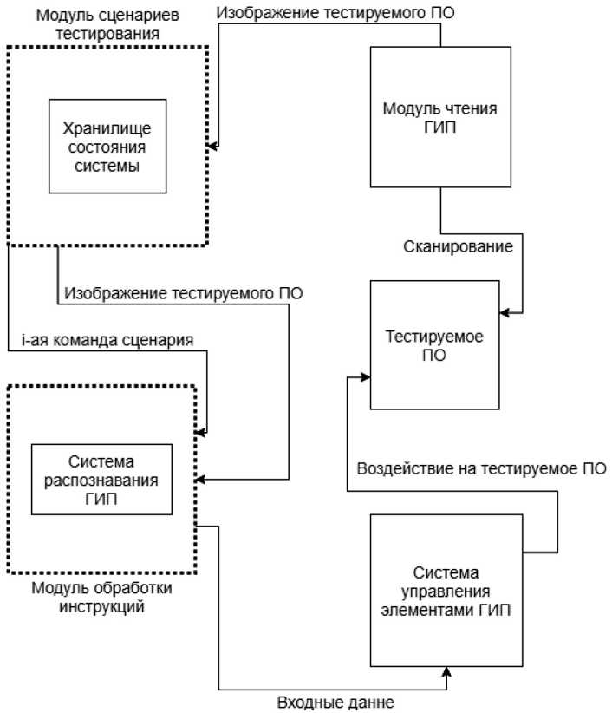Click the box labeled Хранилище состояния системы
tap(107, 146)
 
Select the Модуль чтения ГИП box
tap(441, 116)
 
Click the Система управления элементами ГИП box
tap(446, 590)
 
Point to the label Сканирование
tap(458, 246)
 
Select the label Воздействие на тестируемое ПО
tap(481, 469)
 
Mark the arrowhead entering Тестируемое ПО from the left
tap(351, 378)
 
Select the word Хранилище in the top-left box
tap(107, 128)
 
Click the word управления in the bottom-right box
tap(446, 590)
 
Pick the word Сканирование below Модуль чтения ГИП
tap(458, 246)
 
